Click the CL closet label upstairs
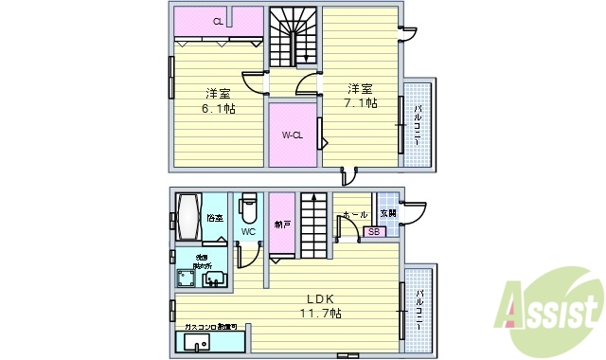tap(218, 21)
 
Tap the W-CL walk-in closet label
tap(292, 135)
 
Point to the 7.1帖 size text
tap(361, 102)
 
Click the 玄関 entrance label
tap(389, 214)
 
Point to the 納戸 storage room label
tap(282, 225)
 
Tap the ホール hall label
tap(356, 215)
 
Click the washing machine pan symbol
tap(183, 279)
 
